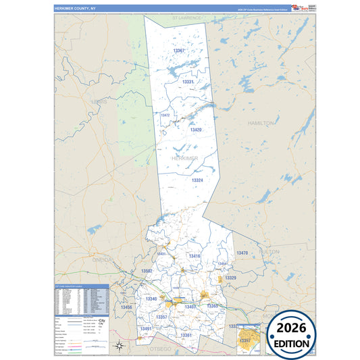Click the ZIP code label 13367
pyautogui.click(x=179, y=51)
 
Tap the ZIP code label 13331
pyautogui.click(x=188, y=82)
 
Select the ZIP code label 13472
pyautogui.click(x=165, y=115)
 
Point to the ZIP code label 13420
pyautogui.click(x=196, y=130)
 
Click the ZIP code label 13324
pyautogui.click(x=197, y=180)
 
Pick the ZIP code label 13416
pyautogui.click(x=195, y=256)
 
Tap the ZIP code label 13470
pyautogui.click(x=242, y=253)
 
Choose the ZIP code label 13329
pyautogui.click(x=230, y=278)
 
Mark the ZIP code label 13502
pyautogui.click(x=147, y=270)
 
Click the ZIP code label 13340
pyautogui.click(x=151, y=299)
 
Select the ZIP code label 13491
pyautogui.click(x=146, y=328)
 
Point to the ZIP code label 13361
pyautogui.click(x=186, y=335)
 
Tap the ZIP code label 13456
pyautogui.click(x=126, y=307)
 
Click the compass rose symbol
pyautogui.click(x=119, y=346)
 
